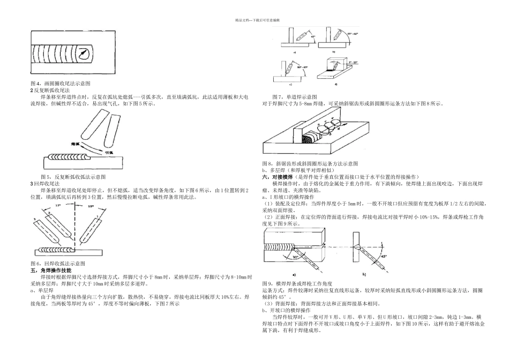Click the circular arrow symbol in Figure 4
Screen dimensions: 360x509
(x=83, y=54)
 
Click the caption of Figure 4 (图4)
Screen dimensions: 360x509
(x=60, y=84)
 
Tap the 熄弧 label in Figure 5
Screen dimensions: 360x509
(x=76, y=144)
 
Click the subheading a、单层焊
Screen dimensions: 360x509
(x=41, y=290)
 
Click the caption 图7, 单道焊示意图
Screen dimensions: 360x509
(x=294, y=96)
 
